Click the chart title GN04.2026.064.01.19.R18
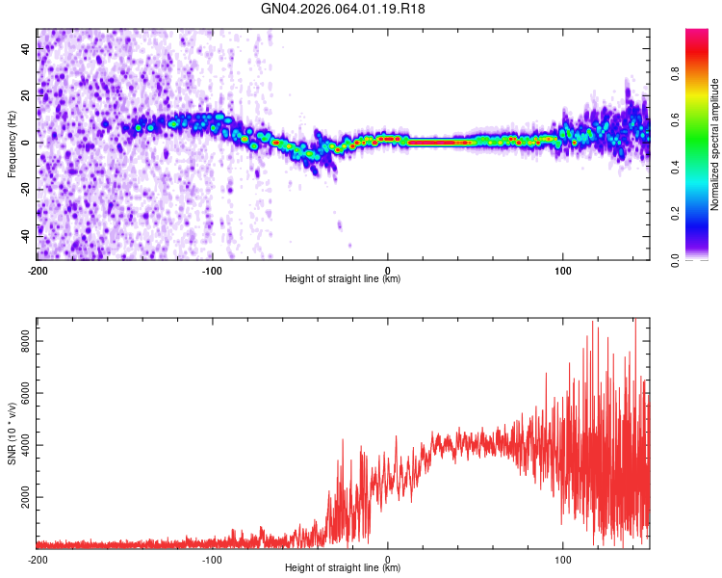tap(344, 9)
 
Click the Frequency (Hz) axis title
tap(12, 144)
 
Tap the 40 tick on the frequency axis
tap(26, 48)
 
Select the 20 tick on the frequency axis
tap(26, 95)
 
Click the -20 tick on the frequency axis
tap(26, 189)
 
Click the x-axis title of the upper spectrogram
tap(343, 279)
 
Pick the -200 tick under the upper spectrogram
tap(38, 270)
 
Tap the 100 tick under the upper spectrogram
tap(563, 270)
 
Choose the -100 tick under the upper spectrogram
tap(213, 270)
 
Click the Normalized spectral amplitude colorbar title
tap(715, 144)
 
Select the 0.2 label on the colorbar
tap(702, 214)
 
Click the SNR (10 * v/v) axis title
tap(12, 433)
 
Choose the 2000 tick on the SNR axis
tap(26, 497)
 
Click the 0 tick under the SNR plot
tap(388, 559)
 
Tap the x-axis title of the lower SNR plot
tap(343, 568)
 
